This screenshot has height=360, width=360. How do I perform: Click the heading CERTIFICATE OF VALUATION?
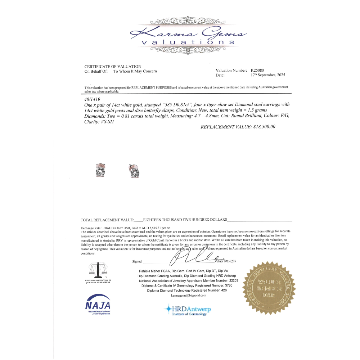pyautogui.click(x=113, y=67)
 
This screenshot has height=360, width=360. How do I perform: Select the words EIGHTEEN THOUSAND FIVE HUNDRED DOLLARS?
pyautogui.click(x=185, y=219)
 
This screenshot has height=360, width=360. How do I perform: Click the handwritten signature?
pyautogui.click(x=194, y=258)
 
